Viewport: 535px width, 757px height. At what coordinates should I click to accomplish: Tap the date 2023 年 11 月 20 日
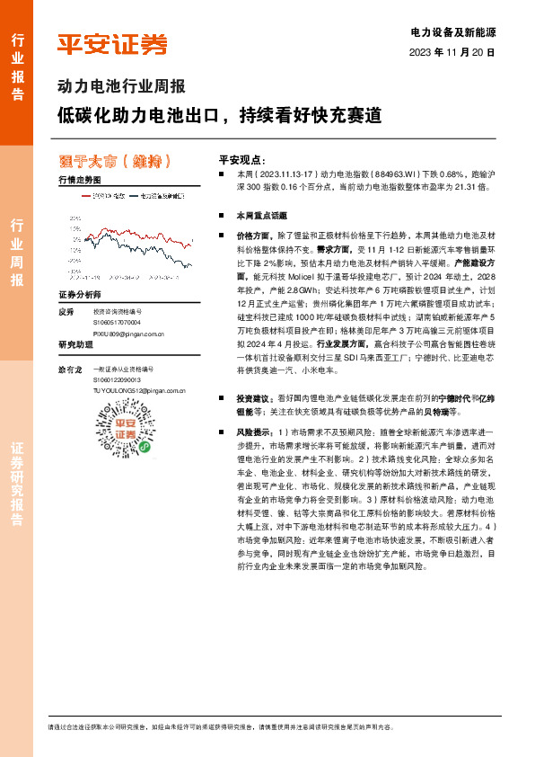pos(452,53)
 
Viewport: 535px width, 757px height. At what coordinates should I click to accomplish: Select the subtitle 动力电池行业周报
pos(121,87)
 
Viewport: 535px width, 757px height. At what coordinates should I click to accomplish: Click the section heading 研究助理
pos(76,345)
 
